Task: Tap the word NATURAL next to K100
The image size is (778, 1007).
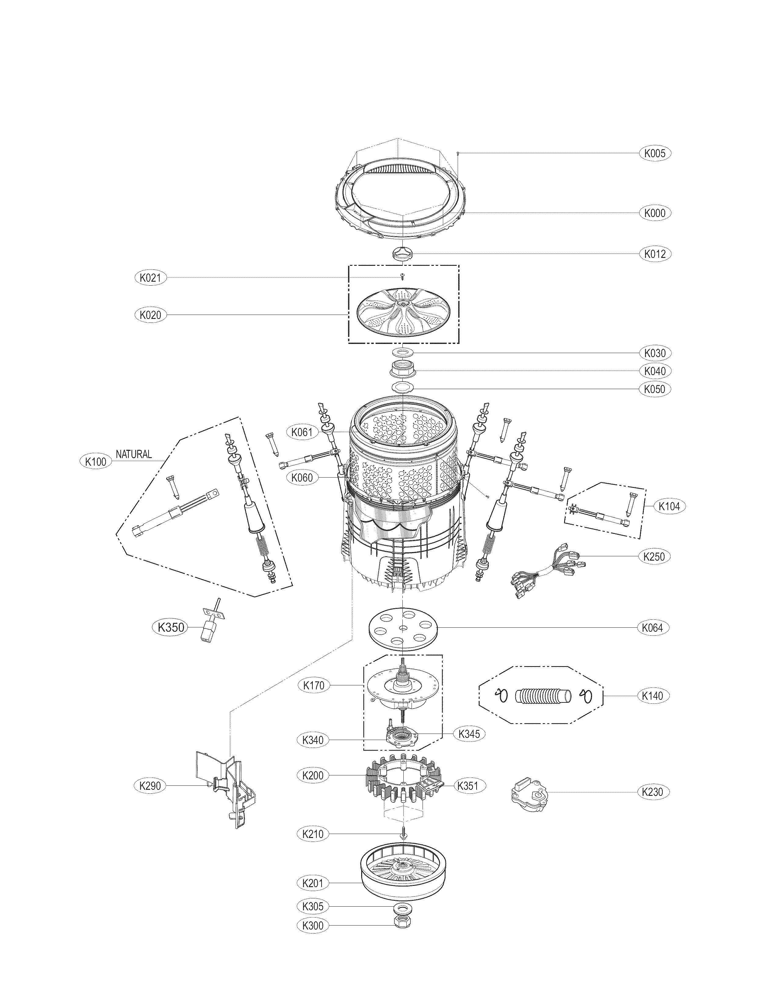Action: click(x=134, y=454)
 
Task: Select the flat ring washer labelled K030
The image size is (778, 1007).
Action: click(x=403, y=353)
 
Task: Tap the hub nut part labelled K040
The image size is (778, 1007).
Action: click(x=403, y=370)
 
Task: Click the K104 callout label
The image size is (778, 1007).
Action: click(x=669, y=506)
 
